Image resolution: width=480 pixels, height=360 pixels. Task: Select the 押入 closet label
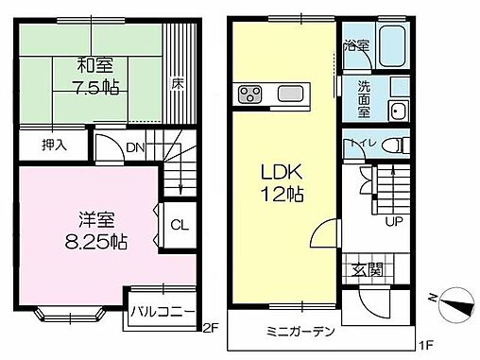click(x=54, y=146)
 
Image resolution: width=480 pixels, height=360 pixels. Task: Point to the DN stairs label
click(x=136, y=148)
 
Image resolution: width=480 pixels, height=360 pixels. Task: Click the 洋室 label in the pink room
click(x=86, y=217)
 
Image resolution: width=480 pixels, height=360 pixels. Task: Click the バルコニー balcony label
click(x=163, y=311)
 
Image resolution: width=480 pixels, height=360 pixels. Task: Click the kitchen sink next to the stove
click(x=288, y=94)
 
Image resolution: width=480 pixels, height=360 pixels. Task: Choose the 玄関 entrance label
click(x=369, y=270)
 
